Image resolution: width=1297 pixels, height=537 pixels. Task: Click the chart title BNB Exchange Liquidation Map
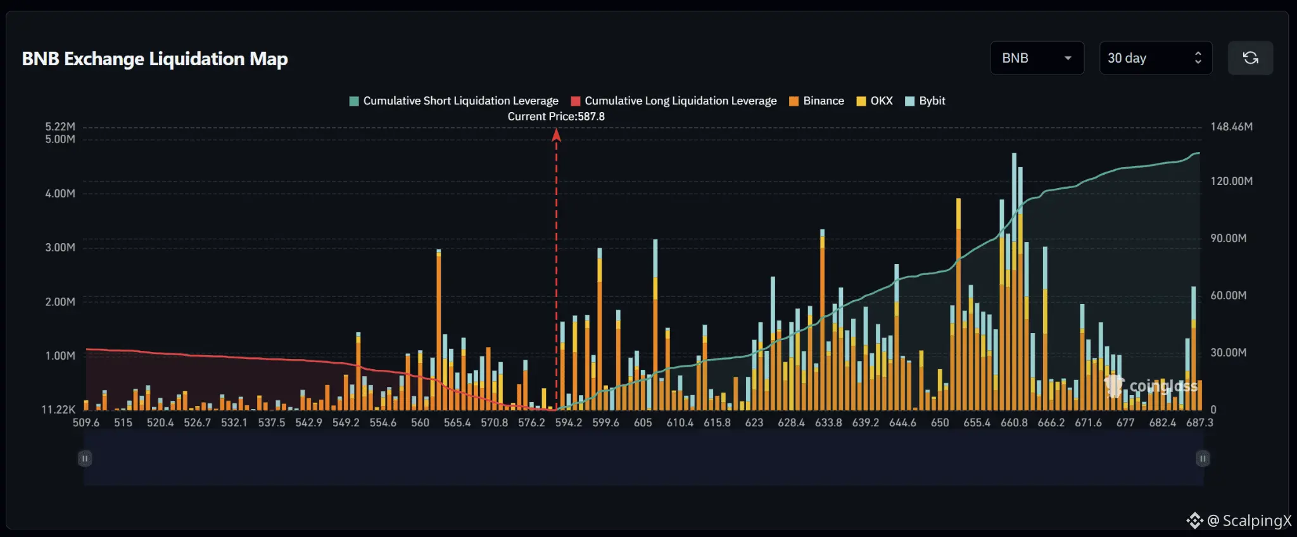tap(155, 59)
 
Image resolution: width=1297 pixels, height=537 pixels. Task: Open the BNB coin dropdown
tap(1037, 58)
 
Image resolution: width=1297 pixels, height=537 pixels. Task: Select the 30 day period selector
tap(1155, 58)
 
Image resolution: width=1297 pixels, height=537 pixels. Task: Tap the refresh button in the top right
tap(1250, 58)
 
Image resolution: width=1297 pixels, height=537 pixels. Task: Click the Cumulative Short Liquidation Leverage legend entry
tap(454, 101)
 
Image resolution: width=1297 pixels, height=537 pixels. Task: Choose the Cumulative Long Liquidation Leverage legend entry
tap(674, 101)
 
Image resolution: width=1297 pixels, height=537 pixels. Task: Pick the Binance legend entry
tap(817, 101)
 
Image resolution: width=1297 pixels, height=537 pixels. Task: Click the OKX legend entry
tap(875, 101)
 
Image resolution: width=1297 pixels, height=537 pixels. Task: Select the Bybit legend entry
tap(925, 101)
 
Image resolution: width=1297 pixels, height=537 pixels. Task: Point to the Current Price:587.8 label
tap(556, 117)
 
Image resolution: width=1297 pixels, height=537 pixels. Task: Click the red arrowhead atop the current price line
tap(557, 135)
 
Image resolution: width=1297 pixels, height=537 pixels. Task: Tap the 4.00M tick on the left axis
tap(60, 194)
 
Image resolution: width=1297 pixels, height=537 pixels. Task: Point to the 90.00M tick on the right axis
tap(1228, 238)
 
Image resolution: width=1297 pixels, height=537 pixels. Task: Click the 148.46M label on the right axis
tap(1231, 127)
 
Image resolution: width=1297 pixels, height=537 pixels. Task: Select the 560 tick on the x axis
tap(420, 422)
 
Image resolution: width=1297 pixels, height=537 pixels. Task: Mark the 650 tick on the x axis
tap(940, 422)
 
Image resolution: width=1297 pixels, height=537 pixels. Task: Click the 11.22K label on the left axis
tap(58, 410)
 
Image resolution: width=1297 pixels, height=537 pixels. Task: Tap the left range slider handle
tap(85, 458)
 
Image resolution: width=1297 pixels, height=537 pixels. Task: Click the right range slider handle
tap(1203, 458)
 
